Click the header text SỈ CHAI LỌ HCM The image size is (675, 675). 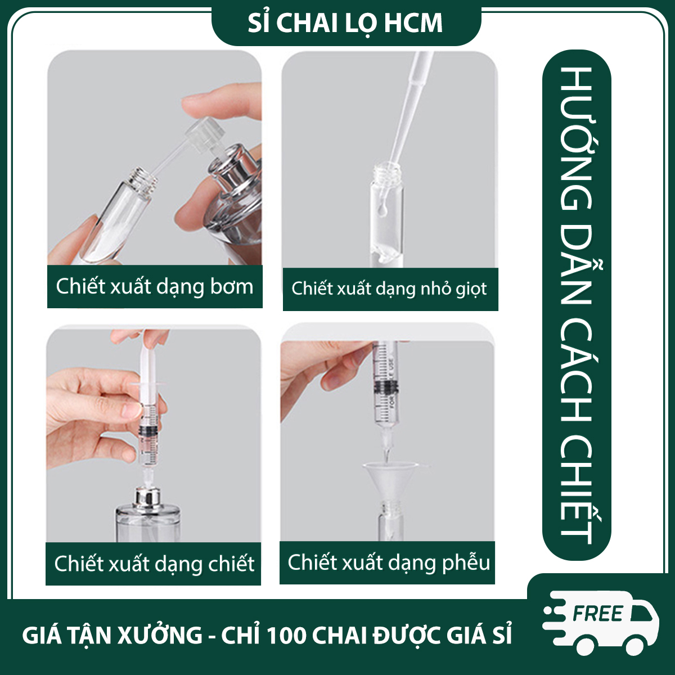click(x=345, y=24)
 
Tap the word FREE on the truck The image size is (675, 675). click(x=598, y=613)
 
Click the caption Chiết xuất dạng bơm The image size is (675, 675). click(x=155, y=287)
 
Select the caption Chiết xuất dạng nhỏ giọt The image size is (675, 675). click(x=389, y=289)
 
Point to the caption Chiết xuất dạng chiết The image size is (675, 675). click(x=154, y=564)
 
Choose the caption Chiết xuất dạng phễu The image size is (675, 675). click(x=389, y=563)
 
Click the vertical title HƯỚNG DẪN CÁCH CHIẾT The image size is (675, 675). click(x=577, y=305)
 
